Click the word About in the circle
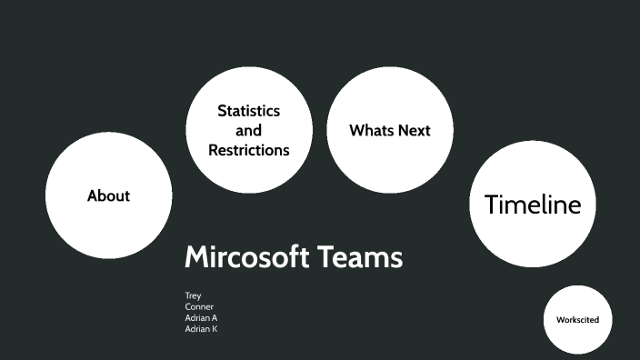pos(108,195)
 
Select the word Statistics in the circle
pos(248,111)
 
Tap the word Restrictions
pos(248,150)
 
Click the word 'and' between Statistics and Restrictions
pos(248,131)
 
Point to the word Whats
pos(370,130)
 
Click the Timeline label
pos(532,205)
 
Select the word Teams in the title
pos(361,257)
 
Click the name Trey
pos(193,295)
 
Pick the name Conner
pos(199,306)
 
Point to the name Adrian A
pos(201,318)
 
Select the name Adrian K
pos(201,329)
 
